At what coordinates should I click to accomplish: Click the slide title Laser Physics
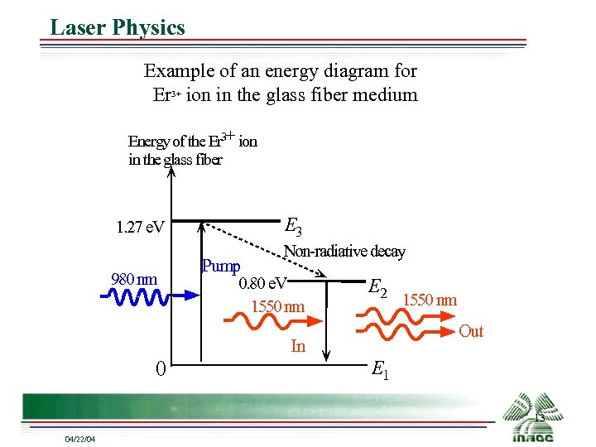pos(117,27)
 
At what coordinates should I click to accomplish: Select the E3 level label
pos(293,225)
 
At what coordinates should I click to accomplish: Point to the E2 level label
pos(378,287)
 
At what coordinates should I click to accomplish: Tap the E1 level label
pos(381,369)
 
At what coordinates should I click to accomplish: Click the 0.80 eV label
pos(262,285)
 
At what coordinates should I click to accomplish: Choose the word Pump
pos(221,267)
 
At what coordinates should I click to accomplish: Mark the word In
pos(298,347)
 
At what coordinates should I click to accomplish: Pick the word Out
pos(471,332)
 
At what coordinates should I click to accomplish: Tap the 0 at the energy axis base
pos(161,368)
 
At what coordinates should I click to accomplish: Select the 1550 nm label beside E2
pos(430,300)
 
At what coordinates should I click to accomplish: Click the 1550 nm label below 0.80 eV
pos(277,307)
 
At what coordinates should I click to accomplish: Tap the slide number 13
pos(539,419)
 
